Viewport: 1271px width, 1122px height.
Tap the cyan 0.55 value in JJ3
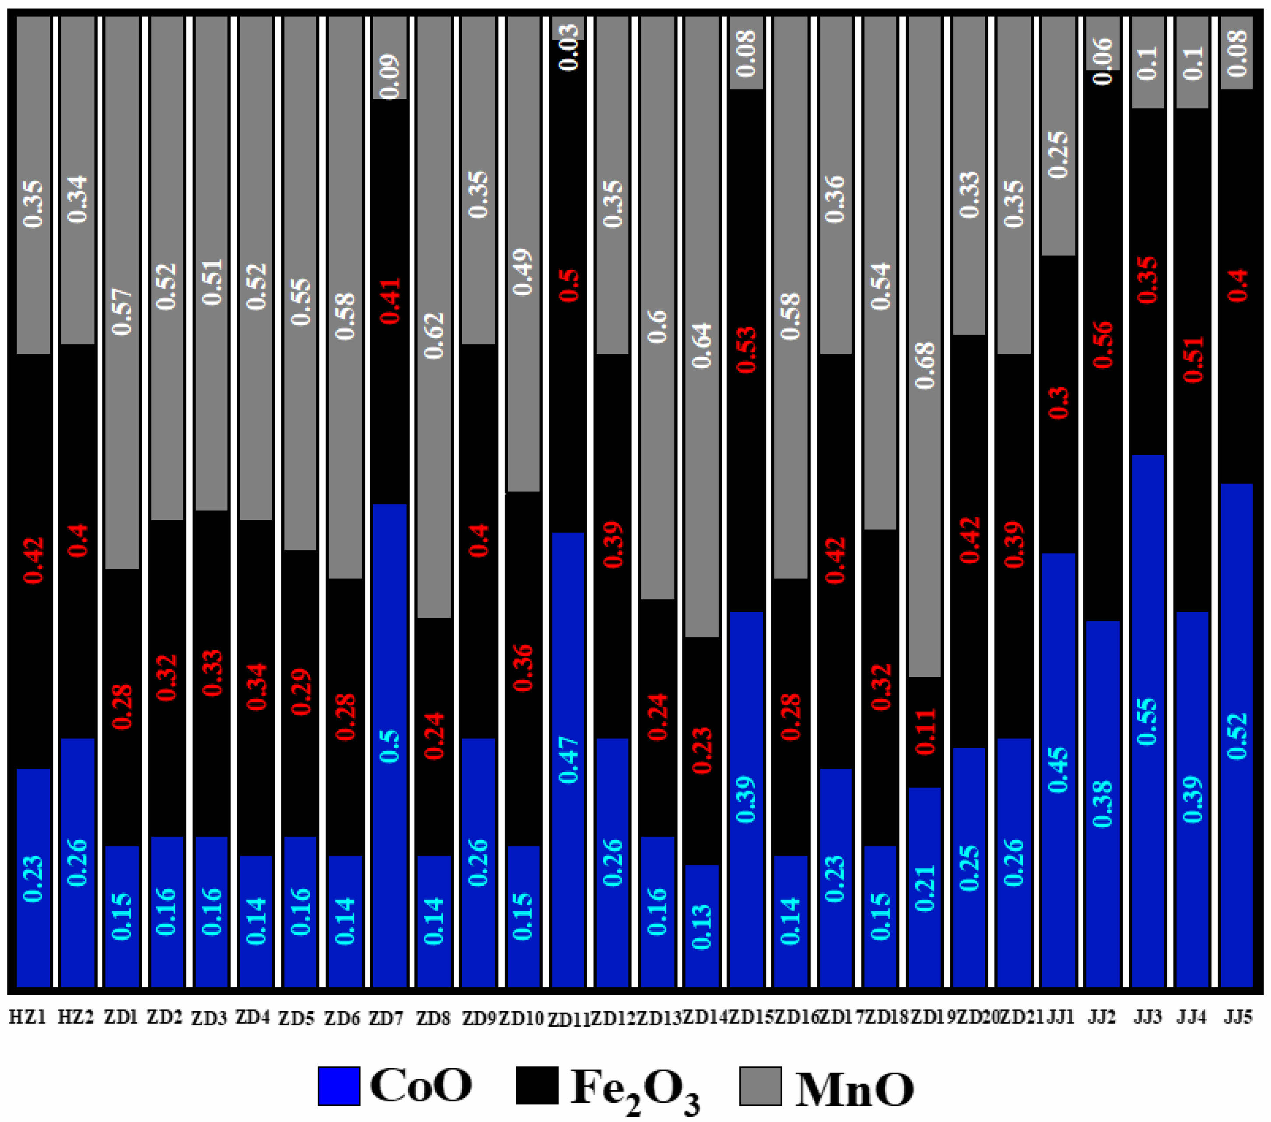pos(1147,721)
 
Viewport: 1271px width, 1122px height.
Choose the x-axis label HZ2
pos(76,1017)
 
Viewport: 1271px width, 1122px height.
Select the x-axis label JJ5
pos(1237,1017)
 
